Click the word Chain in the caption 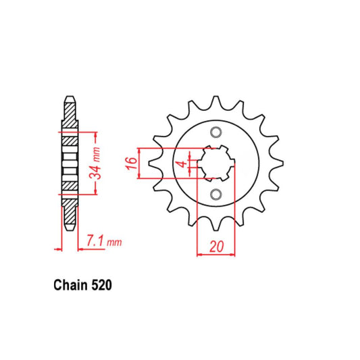click(70, 285)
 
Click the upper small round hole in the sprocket click(215, 132)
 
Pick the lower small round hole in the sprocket click(215, 195)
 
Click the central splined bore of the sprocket click(215, 163)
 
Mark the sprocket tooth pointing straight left click(151, 163)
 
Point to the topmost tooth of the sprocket click(215, 101)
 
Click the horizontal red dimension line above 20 click(215, 255)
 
